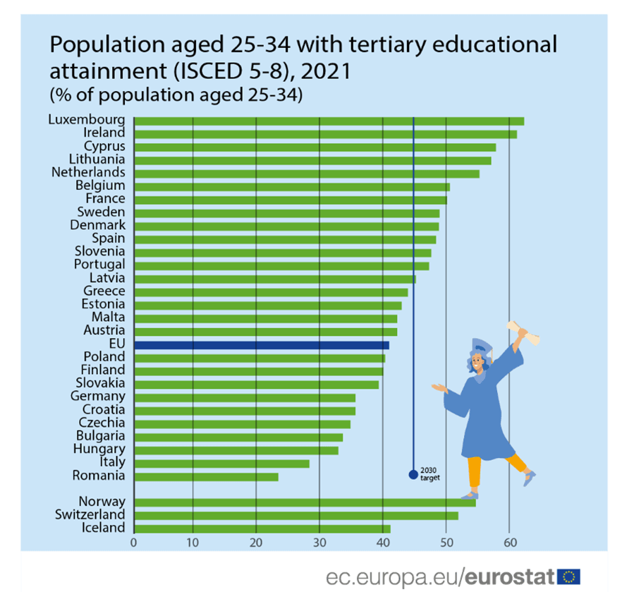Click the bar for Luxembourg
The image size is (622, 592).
click(328, 121)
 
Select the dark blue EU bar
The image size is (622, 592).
click(261, 345)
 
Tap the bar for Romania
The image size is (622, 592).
click(205, 476)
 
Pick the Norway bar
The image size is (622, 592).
click(304, 502)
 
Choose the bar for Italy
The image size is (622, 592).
click(221, 463)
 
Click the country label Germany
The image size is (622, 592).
click(98, 397)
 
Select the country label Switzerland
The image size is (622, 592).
click(90, 515)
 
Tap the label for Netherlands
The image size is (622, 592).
click(88, 172)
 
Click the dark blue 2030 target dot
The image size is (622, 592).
click(413, 474)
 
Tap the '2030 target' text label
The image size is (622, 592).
click(430, 474)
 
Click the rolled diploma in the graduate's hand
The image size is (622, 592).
click(525, 332)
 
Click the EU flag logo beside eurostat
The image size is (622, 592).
click(568, 576)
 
